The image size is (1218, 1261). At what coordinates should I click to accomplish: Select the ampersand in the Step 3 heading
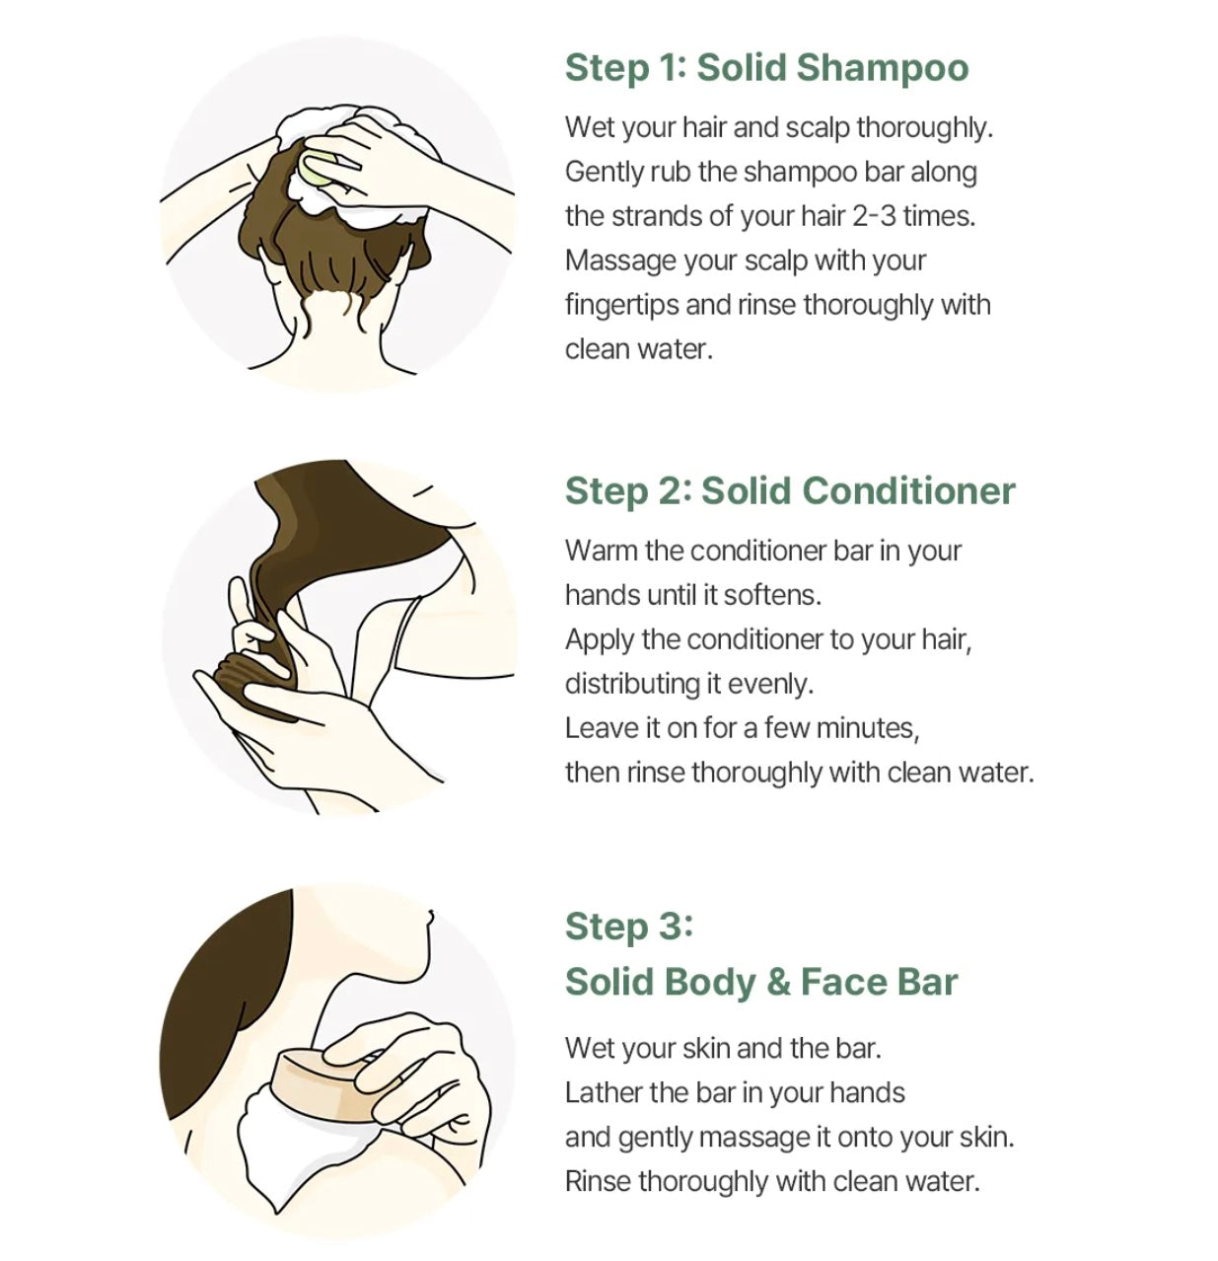click(x=778, y=982)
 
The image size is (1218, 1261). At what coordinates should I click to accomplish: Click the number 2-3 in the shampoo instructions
click(x=874, y=216)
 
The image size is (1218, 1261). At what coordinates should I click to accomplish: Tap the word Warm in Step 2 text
click(x=601, y=552)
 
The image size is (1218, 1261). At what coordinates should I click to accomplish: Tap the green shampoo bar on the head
click(x=318, y=167)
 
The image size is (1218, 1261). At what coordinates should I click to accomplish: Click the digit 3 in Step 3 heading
click(x=671, y=926)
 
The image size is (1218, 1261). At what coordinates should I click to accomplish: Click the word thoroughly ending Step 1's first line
click(x=924, y=128)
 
